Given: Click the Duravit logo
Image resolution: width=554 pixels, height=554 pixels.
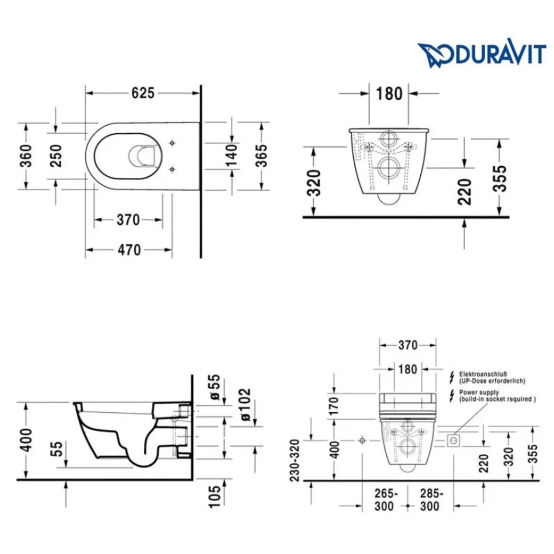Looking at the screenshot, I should tap(482, 54).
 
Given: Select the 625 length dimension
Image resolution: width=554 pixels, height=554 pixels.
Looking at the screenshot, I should tap(143, 93).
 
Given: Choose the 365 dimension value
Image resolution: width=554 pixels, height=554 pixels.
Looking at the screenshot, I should tap(262, 156).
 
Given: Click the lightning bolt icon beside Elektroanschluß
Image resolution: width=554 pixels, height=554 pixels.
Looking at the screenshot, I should tap(452, 377).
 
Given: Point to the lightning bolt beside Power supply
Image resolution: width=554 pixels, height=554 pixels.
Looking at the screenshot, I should tap(452, 395).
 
